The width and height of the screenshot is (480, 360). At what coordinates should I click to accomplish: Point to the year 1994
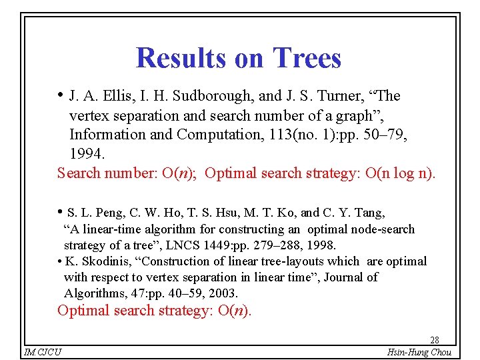[x=87, y=153]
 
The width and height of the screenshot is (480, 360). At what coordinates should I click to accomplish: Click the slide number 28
[x=434, y=340]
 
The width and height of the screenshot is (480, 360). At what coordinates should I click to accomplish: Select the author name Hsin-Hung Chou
[x=418, y=352]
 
